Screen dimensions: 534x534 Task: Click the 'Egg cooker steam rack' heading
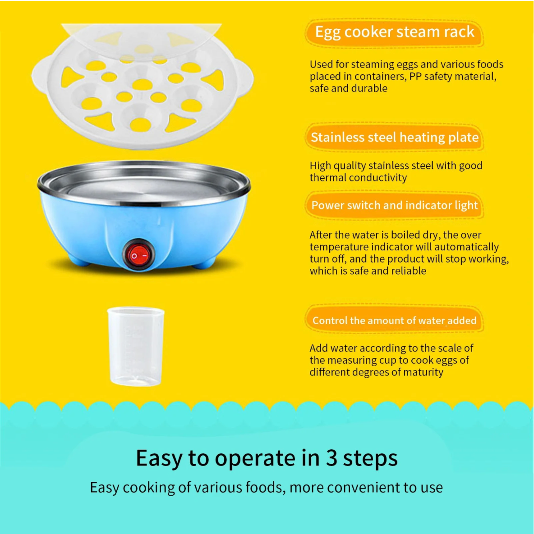394,32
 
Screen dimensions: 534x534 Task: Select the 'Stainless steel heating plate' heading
394,137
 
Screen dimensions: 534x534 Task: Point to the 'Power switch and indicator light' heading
394,205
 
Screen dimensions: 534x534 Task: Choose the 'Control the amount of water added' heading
394,321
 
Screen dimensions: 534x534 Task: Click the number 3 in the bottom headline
331,458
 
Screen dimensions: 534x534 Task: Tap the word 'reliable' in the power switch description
409,271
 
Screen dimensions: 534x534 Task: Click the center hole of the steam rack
142,84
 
